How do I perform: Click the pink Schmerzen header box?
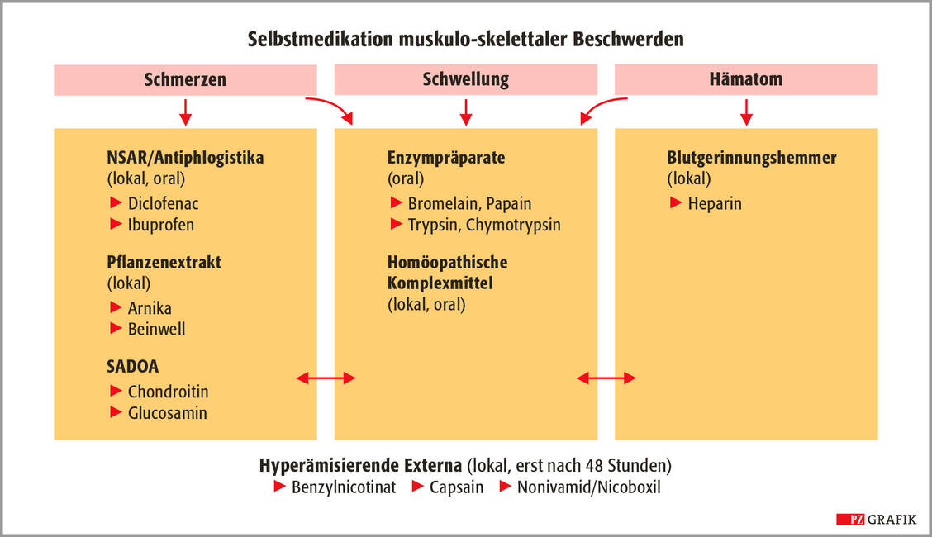tap(185, 80)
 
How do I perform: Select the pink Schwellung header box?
tap(465, 79)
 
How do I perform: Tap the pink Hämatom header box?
tap(746, 79)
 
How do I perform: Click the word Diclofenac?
tap(163, 204)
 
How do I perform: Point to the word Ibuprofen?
tap(160, 226)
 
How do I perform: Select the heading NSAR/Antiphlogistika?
tap(185, 158)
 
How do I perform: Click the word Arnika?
tap(150, 308)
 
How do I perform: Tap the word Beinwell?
tap(156, 329)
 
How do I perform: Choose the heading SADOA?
tap(132, 367)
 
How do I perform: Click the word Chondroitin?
tap(169, 392)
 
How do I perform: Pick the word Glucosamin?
tap(167, 413)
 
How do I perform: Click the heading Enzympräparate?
tap(446, 158)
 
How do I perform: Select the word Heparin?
tap(715, 204)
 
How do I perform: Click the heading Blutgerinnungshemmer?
tap(751, 158)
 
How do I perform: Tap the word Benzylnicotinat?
tap(344, 487)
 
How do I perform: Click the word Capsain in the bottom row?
tap(456, 487)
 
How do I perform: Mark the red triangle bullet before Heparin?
tap(676, 202)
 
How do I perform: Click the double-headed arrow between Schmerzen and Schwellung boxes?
tap(326, 378)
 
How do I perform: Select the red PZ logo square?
tap(850, 520)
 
